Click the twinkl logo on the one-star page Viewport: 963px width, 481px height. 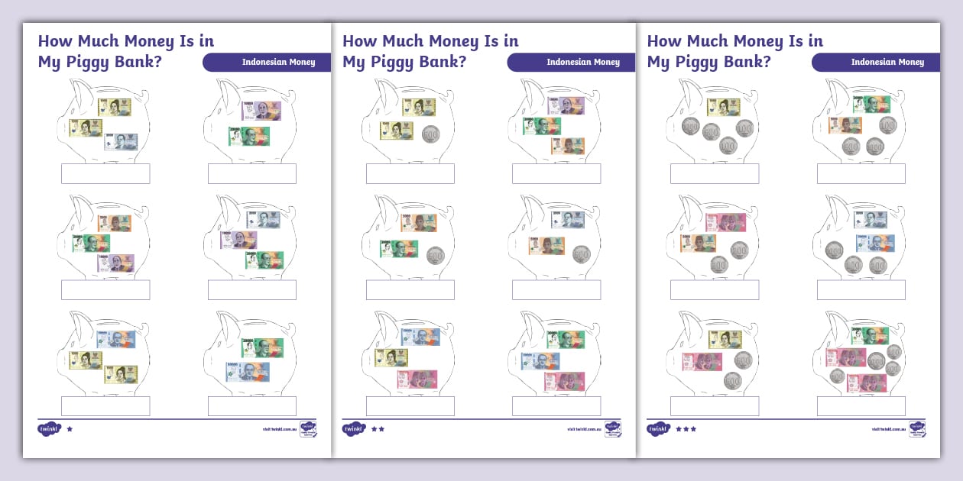(x=49, y=429)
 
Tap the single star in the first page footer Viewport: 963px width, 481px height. (x=70, y=429)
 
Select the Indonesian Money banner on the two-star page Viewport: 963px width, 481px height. (x=571, y=63)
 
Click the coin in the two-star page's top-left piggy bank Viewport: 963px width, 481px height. (x=431, y=134)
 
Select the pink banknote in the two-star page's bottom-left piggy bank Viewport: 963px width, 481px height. (x=417, y=379)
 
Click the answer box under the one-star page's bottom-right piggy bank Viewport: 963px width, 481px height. (x=252, y=406)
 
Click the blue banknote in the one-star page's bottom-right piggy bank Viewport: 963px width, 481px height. (x=247, y=372)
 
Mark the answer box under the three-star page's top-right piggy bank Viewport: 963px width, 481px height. (x=861, y=173)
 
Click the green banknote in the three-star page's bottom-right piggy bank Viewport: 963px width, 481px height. (x=871, y=336)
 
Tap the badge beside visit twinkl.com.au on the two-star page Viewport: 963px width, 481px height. (x=612, y=428)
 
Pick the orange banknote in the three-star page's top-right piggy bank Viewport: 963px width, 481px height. (x=845, y=125)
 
